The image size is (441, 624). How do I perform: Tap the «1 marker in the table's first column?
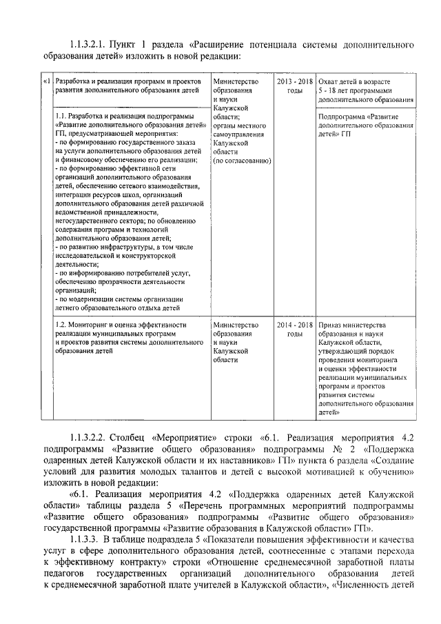(47, 82)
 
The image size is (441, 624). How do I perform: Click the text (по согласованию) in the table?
(242, 161)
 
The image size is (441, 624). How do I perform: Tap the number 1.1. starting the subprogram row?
(63, 117)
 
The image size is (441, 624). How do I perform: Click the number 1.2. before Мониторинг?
(63, 325)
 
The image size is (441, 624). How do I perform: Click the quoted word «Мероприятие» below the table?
(179, 437)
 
